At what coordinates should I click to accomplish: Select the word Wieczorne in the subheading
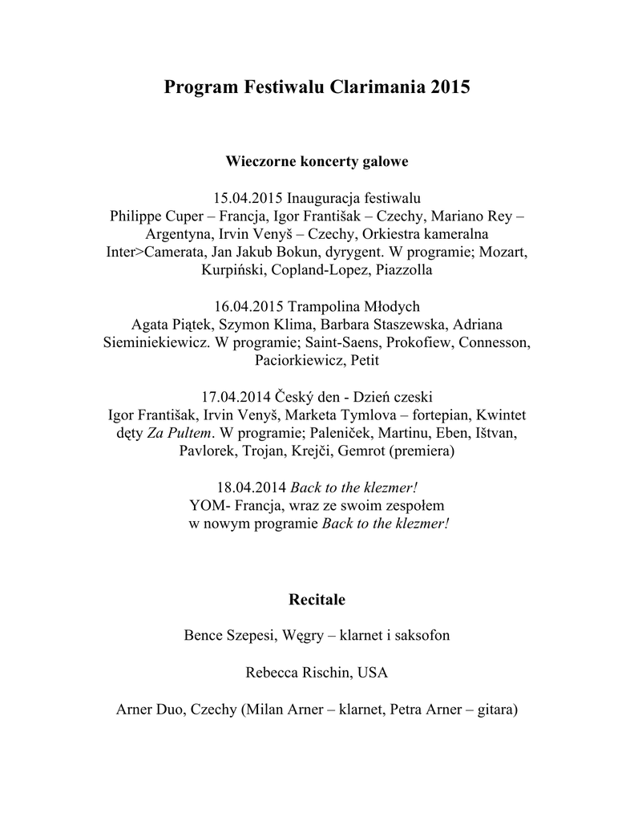[x=259, y=161]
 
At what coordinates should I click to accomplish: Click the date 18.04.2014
[x=249, y=488]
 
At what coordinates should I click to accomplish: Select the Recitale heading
[x=317, y=599]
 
